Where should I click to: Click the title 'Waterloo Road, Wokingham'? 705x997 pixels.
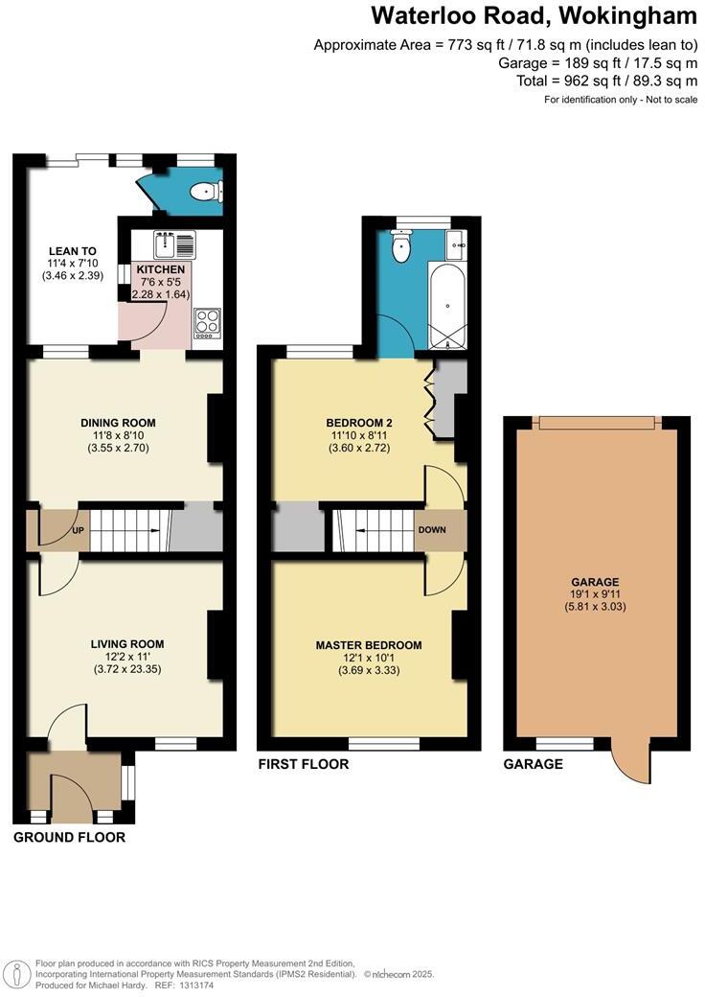[534, 16]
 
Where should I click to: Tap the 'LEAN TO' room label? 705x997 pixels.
[73, 251]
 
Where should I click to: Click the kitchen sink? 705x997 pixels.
[172, 245]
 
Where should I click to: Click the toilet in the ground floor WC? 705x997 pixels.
[204, 193]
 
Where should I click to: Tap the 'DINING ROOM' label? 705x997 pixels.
[119, 423]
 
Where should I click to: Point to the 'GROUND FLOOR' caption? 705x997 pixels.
[69, 837]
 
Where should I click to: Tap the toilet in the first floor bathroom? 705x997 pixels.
[401, 248]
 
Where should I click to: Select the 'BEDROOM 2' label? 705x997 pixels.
[359, 423]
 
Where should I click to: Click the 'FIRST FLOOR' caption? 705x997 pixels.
[304, 764]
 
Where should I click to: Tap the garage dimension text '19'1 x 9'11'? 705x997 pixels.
[595, 594]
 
